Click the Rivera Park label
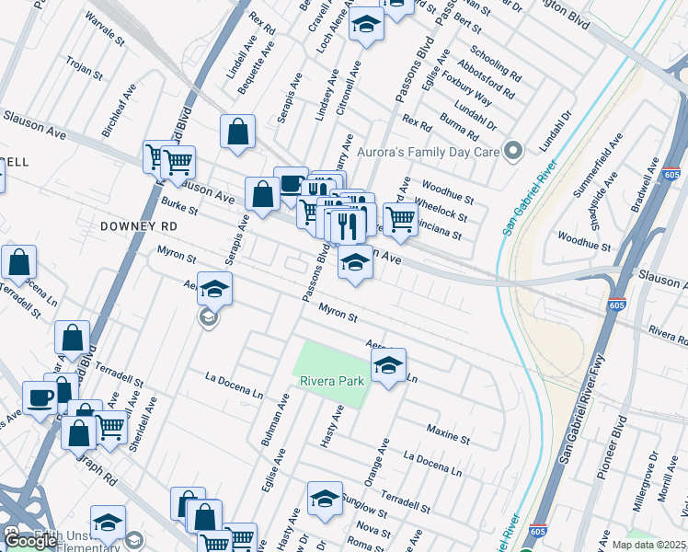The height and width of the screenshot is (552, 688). click(x=329, y=381)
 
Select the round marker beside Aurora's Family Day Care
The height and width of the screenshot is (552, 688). click(x=514, y=150)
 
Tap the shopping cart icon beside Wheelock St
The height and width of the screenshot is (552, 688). click(x=400, y=220)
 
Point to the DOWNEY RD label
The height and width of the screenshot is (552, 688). click(x=139, y=224)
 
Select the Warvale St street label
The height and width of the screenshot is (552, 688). click(x=104, y=29)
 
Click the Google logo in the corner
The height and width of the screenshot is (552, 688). click(x=31, y=541)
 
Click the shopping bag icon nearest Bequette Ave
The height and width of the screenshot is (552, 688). click(x=237, y=132)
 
